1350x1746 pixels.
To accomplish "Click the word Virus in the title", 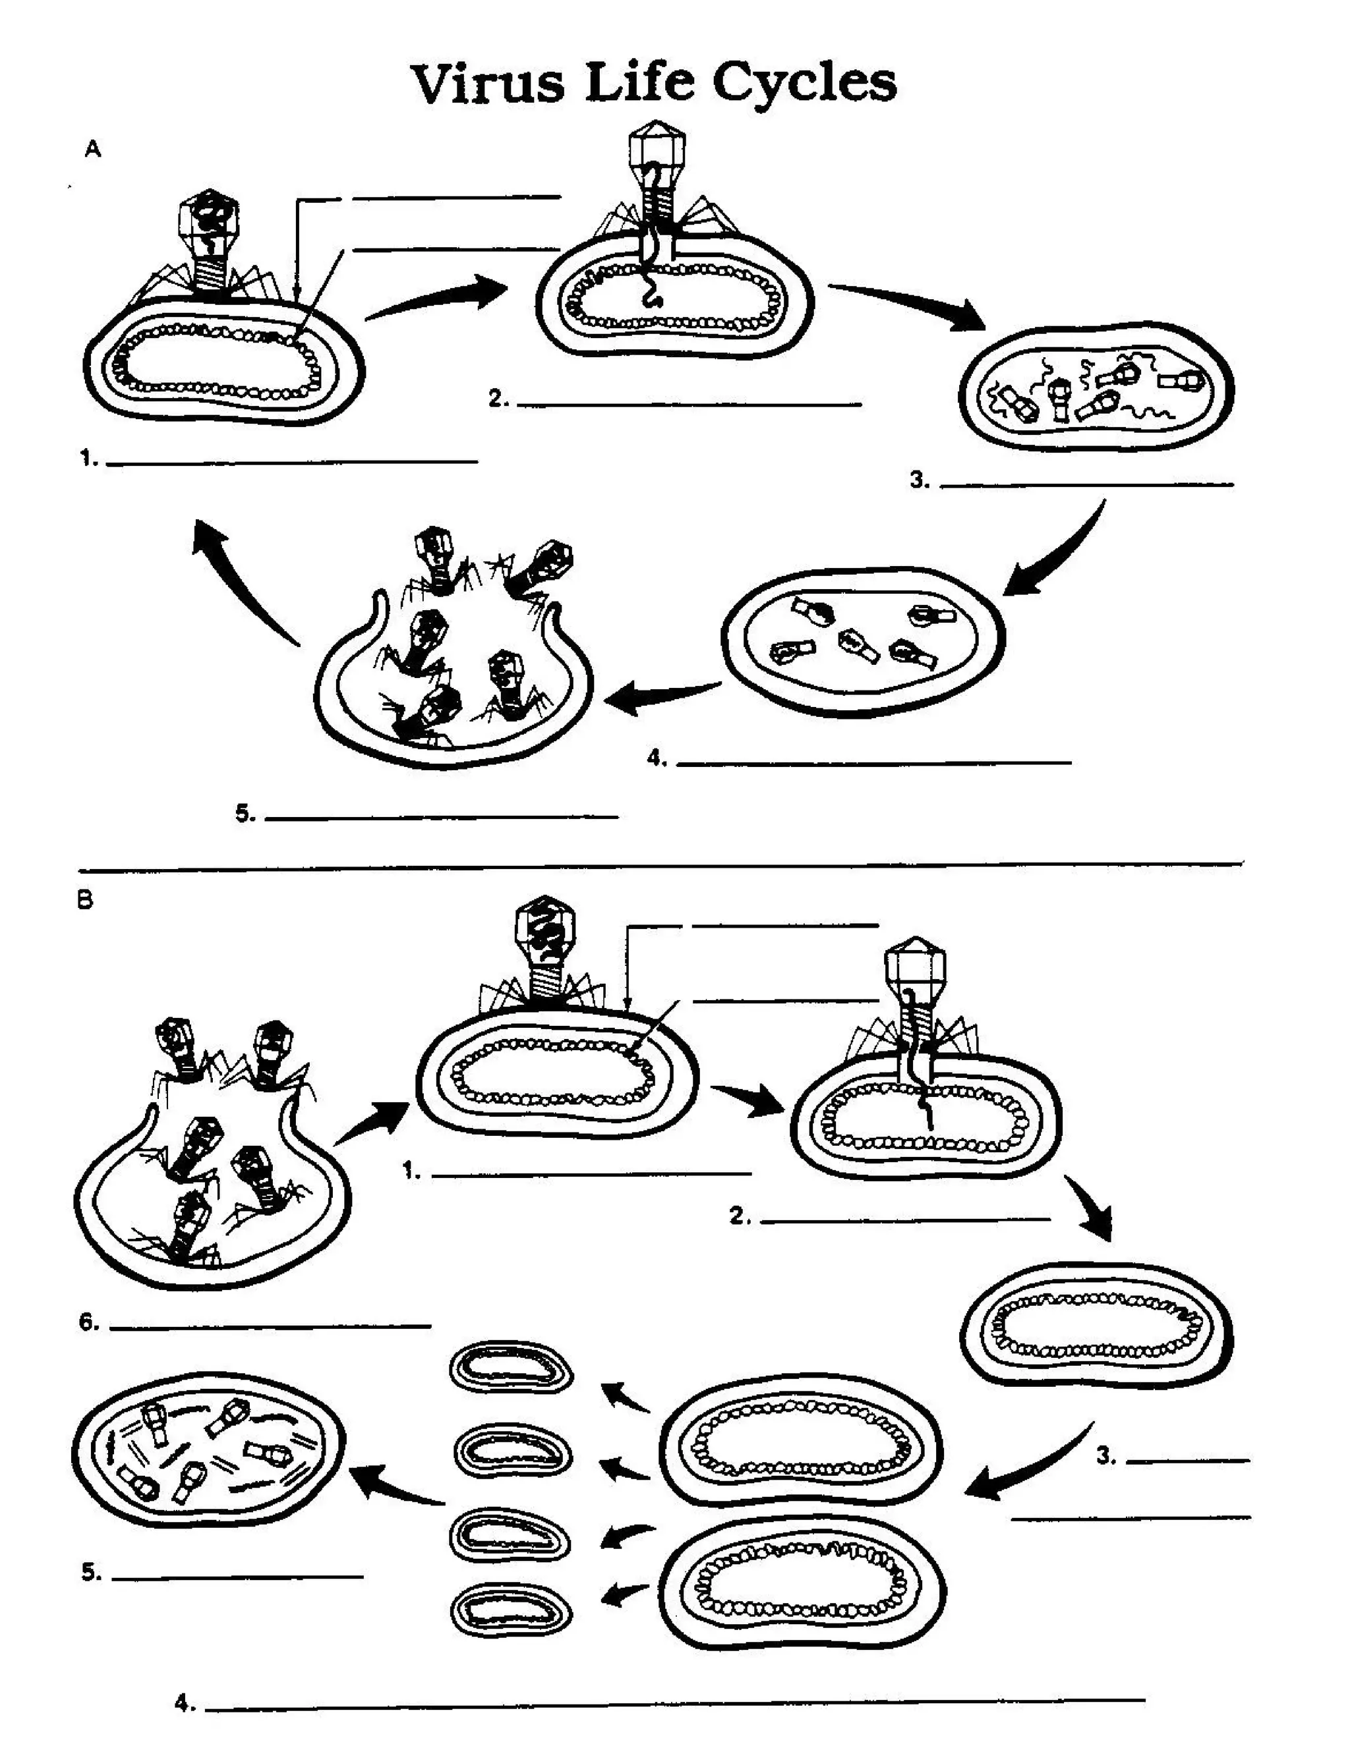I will pyautogui.click(x=488, y=82).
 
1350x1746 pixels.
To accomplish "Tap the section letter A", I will pyautogui.click(x=93, y=150).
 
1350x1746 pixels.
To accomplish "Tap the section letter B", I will pyautogui.click(x=85, y=901).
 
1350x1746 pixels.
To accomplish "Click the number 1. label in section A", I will pyautogui.click(x=89, y=458).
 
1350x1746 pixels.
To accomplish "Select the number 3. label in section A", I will pyautogui.click(x=920, y=480).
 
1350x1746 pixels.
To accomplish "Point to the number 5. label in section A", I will pyautogui.click(x=245, y=814).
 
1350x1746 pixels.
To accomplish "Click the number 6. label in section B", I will pyautogui.click(x=89, y=1323).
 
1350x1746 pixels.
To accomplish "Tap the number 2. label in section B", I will pyautogui.click(x=740, y=1216).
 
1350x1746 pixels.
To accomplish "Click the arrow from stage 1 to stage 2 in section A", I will pyautogui.click(x=438, y=297).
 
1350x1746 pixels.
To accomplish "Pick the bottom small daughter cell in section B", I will pyautogui.click(x=511, y=1610).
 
